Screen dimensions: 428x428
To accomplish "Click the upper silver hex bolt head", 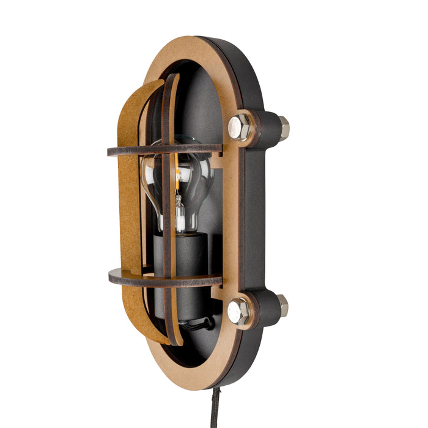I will pyautogui.click(x=239, y=127).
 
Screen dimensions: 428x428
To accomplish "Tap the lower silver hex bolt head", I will pyautogui.click(x=238, y=312).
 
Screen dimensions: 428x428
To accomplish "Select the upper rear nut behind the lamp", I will pyautogui.click(x=282, y=128).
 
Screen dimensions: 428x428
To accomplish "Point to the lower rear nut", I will pyautogui.click(x=282, y=304).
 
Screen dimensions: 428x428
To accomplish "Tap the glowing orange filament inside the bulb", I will pyautogui.click(x=178, y=177).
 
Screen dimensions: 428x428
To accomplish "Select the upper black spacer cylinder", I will pyautogui.click(x=264, y=128).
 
